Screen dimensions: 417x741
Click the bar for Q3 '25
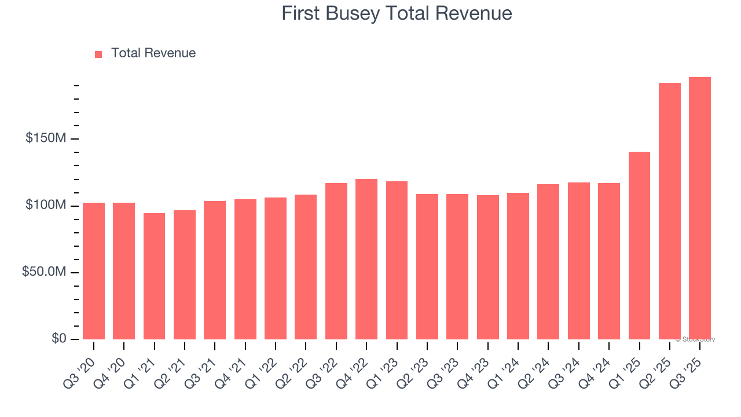pyautogui.click(x=700, y=209)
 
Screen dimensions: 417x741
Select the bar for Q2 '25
pyautogui.click(x=670, y=211)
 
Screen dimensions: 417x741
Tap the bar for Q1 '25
pyautogui.click(x=639, y=246)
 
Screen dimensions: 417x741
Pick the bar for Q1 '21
pyautogui.click(x=154, y=276)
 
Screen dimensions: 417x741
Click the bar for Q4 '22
pyautogui.click(x=366, y=259)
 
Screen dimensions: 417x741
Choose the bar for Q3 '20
pyautogui.click(x=94, y=271)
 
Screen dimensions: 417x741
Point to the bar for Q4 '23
pyautogui.click(x=487, y=268)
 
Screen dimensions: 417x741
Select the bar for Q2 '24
pyautogui.click(x=548, y=262)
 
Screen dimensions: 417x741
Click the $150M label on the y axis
pyautogui.click(x=45, y=138)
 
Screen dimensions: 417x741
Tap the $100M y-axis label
pyautogui.click(x=45, y=206)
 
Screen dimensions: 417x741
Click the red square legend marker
pyautogui.click(x=98, y=54)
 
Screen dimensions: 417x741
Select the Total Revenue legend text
pyautogui.click(x=153, y=53)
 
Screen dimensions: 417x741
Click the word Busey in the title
pyautogui.click(x=351, y=13)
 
